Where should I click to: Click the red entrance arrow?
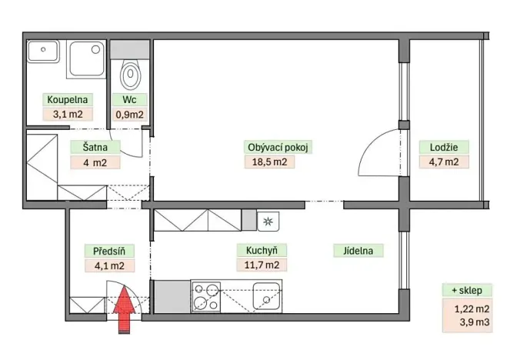[124, 309]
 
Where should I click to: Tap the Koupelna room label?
[68, 100]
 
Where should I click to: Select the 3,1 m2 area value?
[68, 115]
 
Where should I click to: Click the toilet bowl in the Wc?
[132, 75]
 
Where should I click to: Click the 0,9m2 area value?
[128, 115]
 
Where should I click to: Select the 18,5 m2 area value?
[268, 162]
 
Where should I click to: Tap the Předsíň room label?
[104, 249]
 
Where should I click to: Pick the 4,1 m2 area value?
[104, 265]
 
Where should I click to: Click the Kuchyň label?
[262, 249]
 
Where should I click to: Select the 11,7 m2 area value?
[262, 265]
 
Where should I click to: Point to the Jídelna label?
[358, 249]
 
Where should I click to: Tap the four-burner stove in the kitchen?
[206, 295]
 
